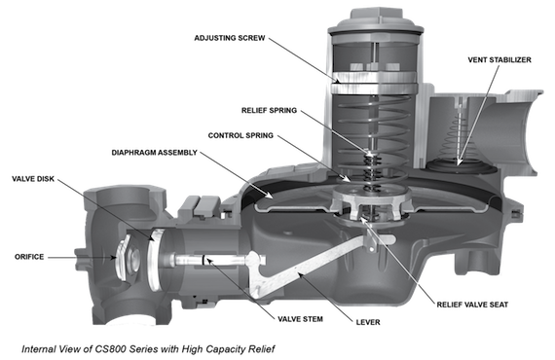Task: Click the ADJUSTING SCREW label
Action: pyautogui.click(x=230, y=38)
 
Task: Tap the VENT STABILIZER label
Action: pyautogui.click(x=499, y=59)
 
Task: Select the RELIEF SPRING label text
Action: pyautogui.click(x=269, y=110)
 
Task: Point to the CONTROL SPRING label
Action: pyautogui.click(x=240, y=135)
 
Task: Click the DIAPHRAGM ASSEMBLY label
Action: pyautogui.click(x=154, y=153)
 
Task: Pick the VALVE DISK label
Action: pyautogui.click(x=33, y=179)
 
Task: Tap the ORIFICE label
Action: pyautogui.click(x=29, y=257)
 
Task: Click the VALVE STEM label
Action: pyautogui.click(x=300, y=319)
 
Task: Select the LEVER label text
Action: pyautogui.click(x=368, y=322)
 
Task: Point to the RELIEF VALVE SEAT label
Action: pyautogui.click(x=472, y=305)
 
